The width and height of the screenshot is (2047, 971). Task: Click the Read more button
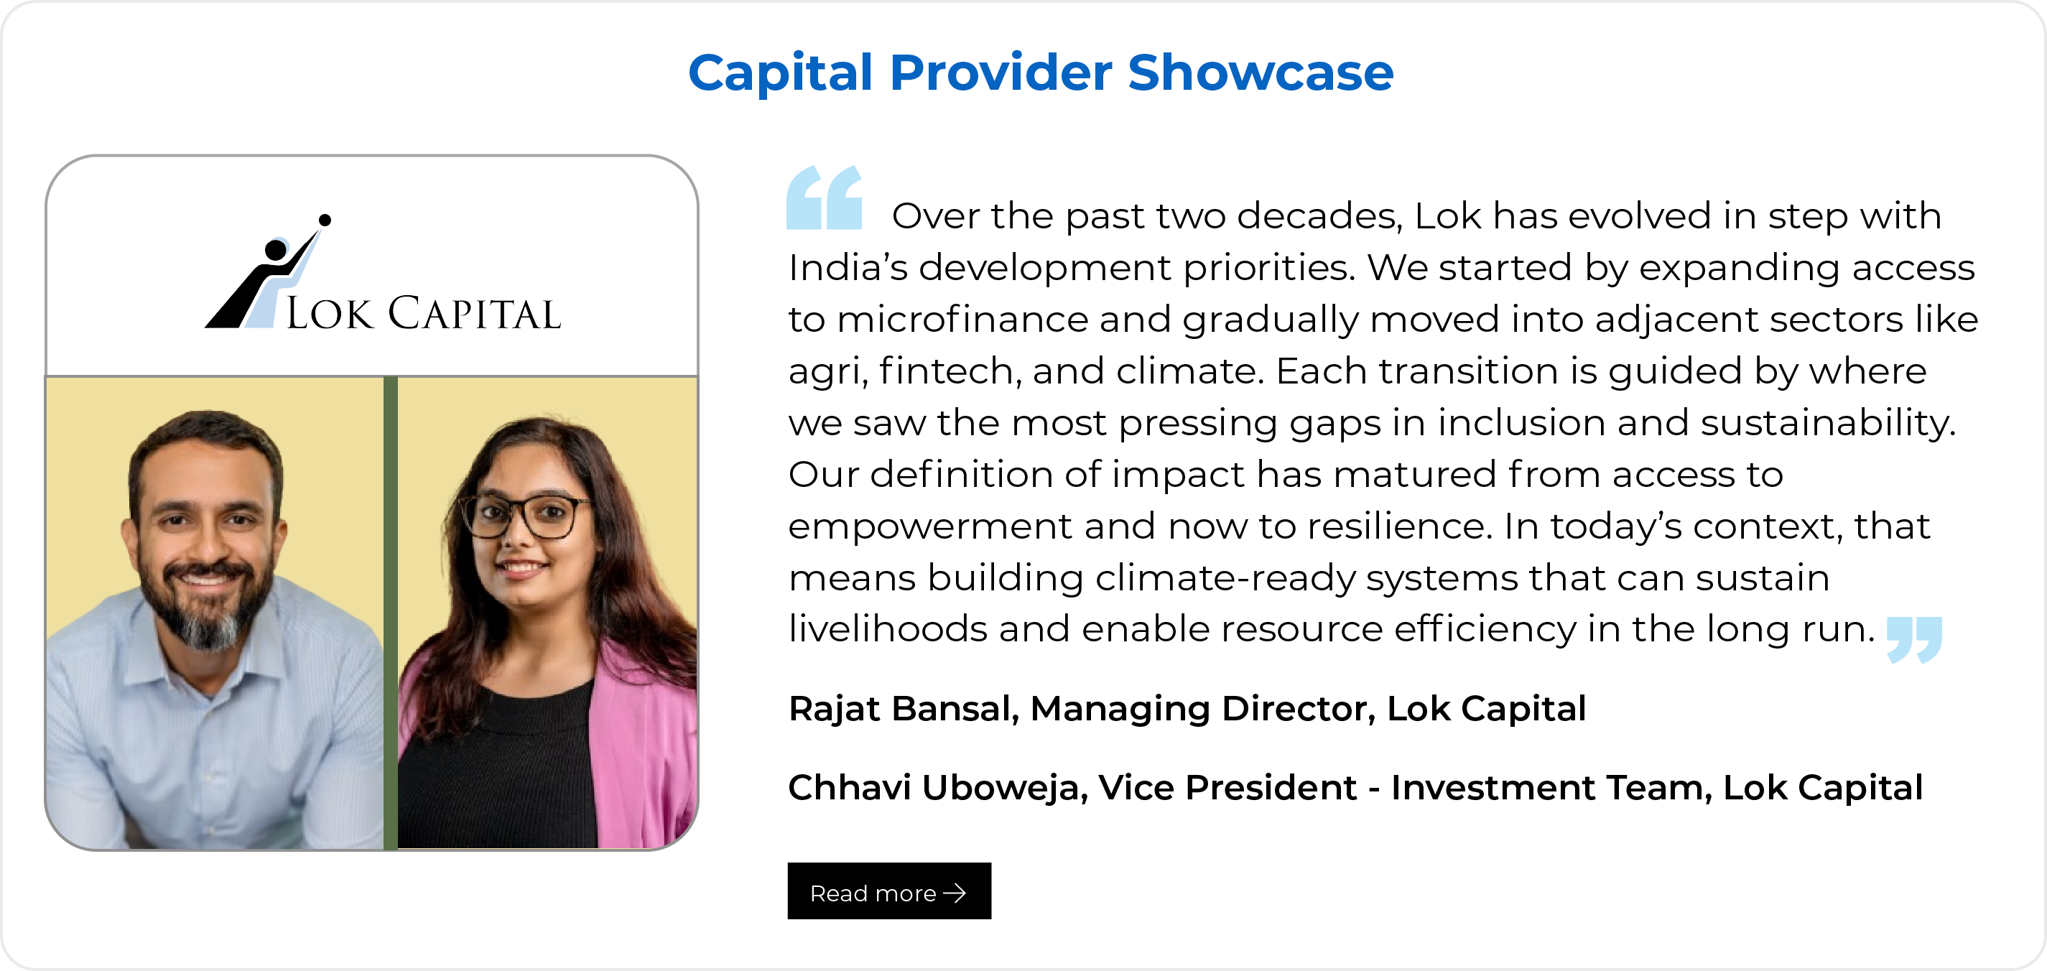pos(889,891)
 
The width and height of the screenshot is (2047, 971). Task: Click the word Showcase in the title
pos(1261,73)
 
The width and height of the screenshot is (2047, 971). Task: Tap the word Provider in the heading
pos(1001,73)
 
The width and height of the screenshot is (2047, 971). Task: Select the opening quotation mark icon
pos(824,197)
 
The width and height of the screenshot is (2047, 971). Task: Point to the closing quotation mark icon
pos(1914,640)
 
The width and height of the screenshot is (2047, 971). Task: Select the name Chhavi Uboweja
pos(938,787)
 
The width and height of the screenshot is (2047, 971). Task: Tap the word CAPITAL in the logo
pos(475,313)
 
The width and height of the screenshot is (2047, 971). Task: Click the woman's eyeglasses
pos(526,516)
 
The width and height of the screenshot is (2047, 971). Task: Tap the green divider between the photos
pos(390,613)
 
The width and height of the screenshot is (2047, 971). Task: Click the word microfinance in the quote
pos(963,320)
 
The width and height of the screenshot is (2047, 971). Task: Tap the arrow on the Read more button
pos(955,893)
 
